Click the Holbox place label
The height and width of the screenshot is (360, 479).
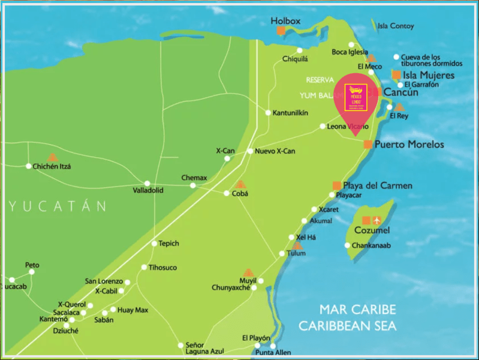pyautogui.click(x=285, y=20)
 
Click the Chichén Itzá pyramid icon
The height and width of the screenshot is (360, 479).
pyautogui.click(x=53, y=157)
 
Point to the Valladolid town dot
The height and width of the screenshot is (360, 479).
pyautogui.click(x=147, y=183)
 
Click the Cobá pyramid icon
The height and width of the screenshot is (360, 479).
pyautogui.click(x=240, y=184)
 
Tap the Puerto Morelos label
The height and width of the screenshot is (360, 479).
pyautogui.click(x=409, y=145)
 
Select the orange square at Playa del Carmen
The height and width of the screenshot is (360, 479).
pyautogui.click(x=337, y=185)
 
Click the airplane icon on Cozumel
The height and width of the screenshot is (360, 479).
pyautogui.click(x=377, y=220)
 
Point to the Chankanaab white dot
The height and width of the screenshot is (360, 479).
pyautogui.click(x=347, y=245)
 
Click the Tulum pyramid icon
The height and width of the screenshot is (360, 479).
pyautogui.click(x=297, y=245)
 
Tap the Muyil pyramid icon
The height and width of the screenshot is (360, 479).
pyautogui.click(x=248, y=272)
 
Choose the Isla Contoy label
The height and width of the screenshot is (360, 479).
pyautogui.click(x=393, y=26)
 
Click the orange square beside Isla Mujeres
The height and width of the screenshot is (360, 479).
pyautogui.click(x=396, y=75)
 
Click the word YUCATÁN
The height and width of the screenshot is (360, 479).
pyautogui.click(x=58, y=206)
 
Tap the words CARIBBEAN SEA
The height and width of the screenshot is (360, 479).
pyautogui.click(x=348, y=326)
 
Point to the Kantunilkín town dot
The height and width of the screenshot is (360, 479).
pyautogui.click(x=268, y=112)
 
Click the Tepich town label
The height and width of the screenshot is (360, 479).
pyautogui.click(x=168, y=244)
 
